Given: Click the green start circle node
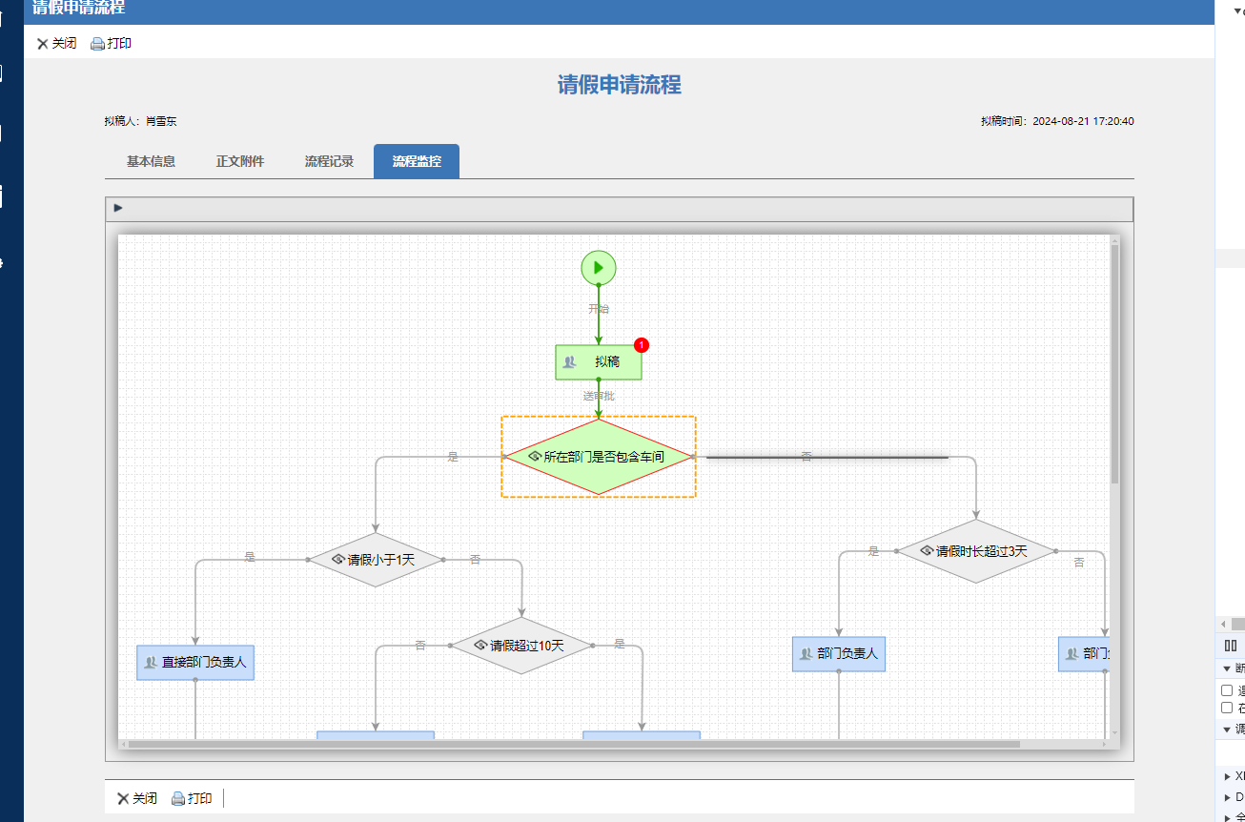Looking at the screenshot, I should click(599, 267).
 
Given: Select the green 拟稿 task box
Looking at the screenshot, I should click(599, 362).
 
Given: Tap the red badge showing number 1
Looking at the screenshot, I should click(642, 344).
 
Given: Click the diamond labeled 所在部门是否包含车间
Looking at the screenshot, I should click(599, 457).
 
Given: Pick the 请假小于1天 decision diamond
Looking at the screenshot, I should click(376, 560).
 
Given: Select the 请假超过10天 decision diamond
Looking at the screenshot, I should click(521, 646).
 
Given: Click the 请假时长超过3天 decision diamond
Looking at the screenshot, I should click(976, 551).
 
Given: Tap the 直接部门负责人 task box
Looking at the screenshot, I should click(195, 662).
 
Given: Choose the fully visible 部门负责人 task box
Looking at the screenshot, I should click(839, 654).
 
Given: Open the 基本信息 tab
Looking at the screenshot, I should click(151, 161).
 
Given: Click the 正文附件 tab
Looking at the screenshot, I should click(240, 161).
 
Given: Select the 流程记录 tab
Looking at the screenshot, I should click(329, 161).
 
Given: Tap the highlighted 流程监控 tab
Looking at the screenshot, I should click(417, 161).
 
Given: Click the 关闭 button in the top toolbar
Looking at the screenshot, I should click(57, 43).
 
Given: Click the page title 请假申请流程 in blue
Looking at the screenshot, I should click(620, 85).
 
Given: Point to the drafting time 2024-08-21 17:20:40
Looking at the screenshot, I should click(1083, 121).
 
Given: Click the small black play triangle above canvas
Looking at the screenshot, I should click(118, 208).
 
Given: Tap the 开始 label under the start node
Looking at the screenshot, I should click(599, 309).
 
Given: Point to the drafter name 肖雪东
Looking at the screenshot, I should click(161, 121).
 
